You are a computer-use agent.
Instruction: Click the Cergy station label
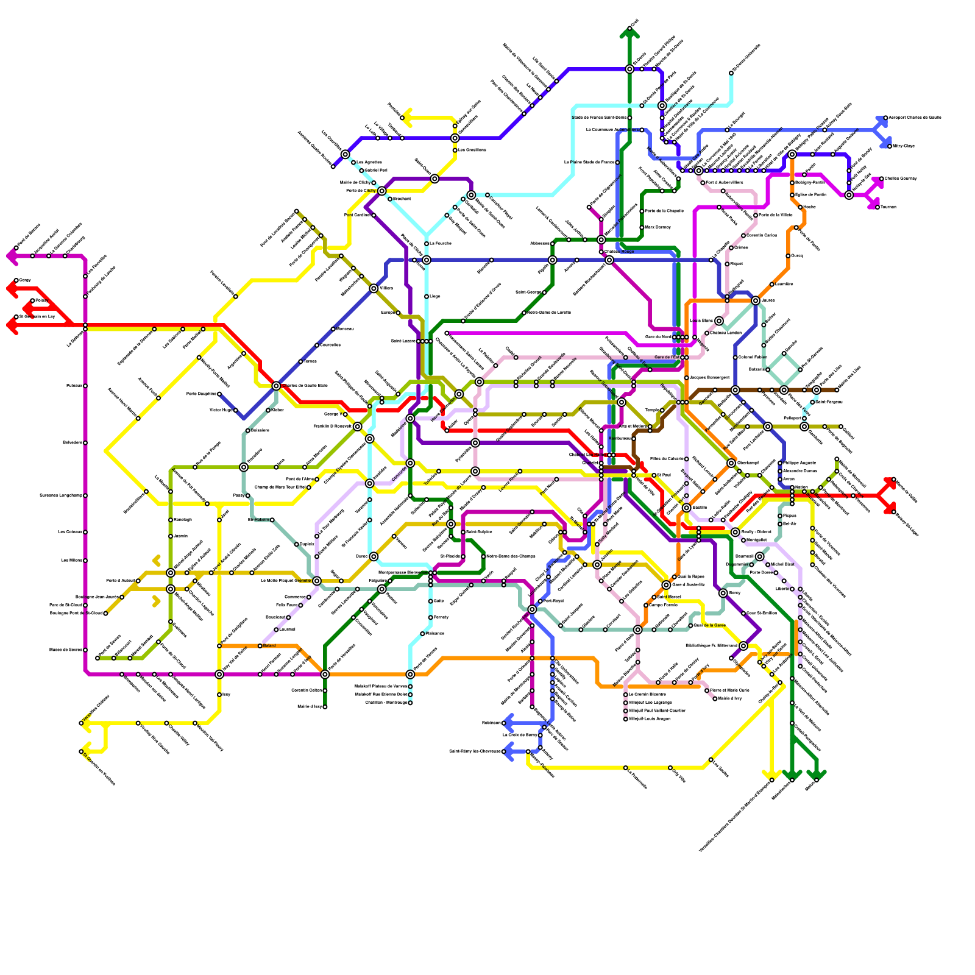[x=25, y=280]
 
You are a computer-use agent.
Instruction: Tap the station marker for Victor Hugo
[x=236, y=410]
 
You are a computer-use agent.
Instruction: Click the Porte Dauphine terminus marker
[x=219, y=394]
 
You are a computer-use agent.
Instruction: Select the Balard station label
[x=269, y=645]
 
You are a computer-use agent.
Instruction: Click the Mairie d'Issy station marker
[x=325, y=707]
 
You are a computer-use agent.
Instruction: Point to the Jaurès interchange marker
[x=756, y=300]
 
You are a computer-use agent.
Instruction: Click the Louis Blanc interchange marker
[x=719, y=321]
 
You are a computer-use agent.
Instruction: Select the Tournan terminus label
[x=888, y=207]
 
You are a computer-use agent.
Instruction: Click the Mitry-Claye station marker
[x=890, y=146]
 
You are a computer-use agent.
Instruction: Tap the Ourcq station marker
[x=788, y=256]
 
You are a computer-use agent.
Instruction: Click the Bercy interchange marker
[x=723, y=593]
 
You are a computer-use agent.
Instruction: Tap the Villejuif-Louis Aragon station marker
[x=625, y=719]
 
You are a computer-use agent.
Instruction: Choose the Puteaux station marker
[x=85, y=386]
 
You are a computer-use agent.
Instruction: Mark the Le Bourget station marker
[x=727, y=130]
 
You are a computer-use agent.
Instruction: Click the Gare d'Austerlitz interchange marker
[x=666, y=585]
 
